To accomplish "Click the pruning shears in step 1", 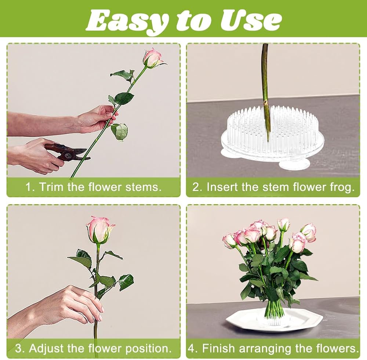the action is pos(67,153).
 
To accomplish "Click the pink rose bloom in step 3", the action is pos(100,230).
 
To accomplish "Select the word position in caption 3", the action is pos(148,349).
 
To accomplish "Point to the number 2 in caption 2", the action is pos(196,187).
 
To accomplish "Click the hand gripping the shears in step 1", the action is pos(35,155).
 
